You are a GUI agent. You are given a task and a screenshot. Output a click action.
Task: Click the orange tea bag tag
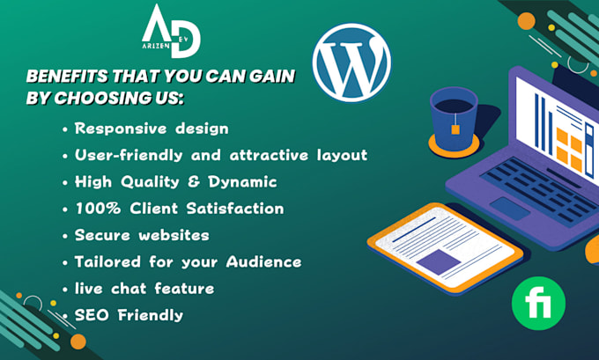pos(456,130)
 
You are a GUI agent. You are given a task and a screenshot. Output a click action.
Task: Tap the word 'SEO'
pos(92,315)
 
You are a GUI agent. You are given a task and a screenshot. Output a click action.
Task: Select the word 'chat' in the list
pos(133,288)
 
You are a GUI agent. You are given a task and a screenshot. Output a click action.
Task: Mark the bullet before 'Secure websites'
pos(65,236)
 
